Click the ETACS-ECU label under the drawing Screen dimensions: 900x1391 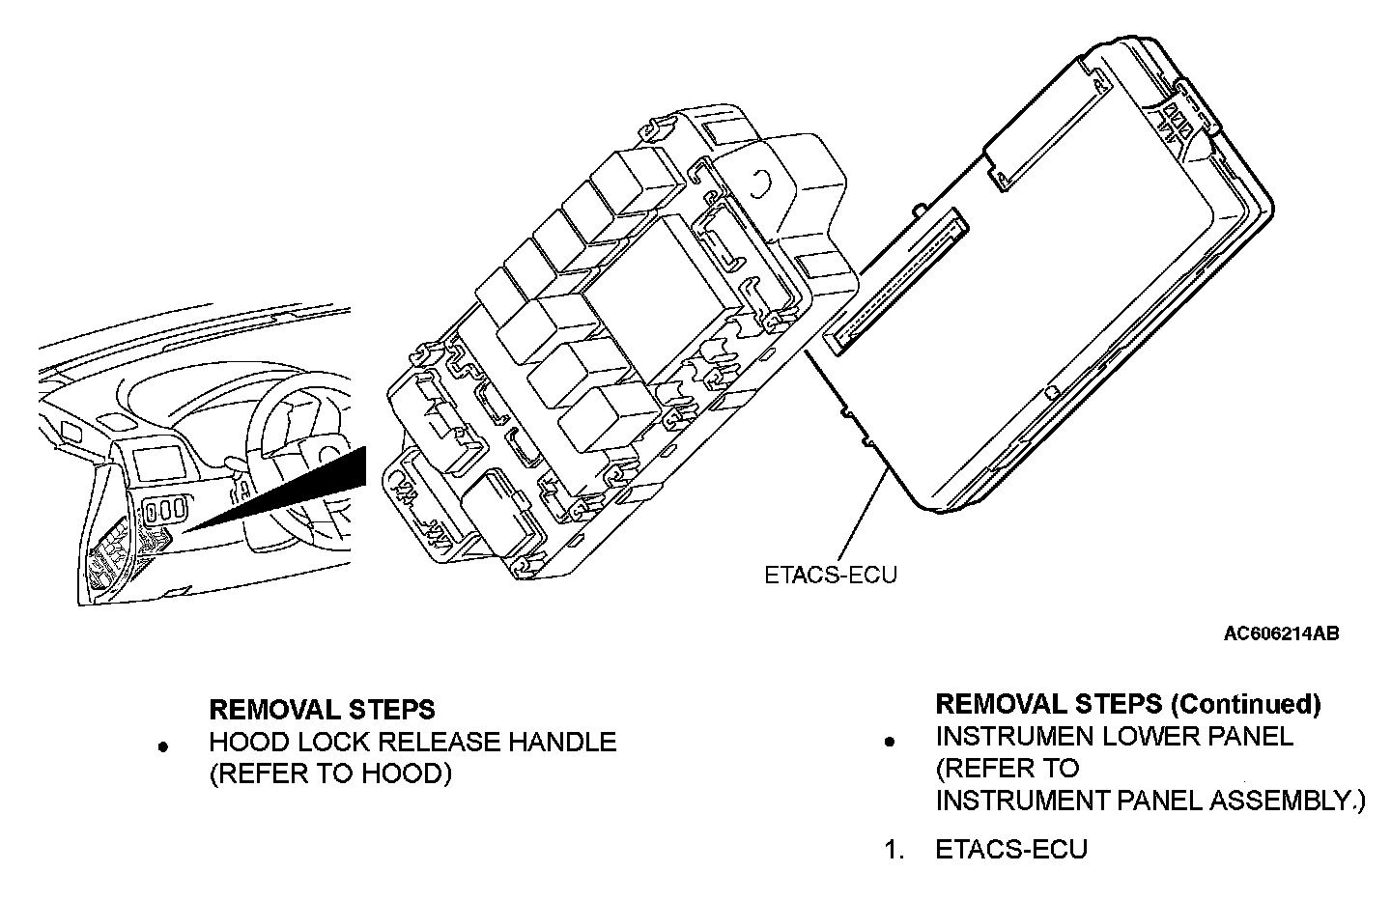(830, 575)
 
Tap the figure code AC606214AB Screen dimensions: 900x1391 (1281, 633)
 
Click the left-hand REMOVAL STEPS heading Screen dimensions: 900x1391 (322, 710)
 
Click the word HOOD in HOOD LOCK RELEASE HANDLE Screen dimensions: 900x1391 (244, 743)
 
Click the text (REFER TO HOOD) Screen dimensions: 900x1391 (330, 774)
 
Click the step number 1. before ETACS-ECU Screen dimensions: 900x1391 (894, 850)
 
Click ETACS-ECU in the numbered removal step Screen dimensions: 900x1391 (1010, 850)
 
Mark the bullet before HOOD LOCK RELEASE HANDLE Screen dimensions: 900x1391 (164, 745)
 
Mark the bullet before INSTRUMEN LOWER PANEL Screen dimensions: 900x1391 (890, 741)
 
